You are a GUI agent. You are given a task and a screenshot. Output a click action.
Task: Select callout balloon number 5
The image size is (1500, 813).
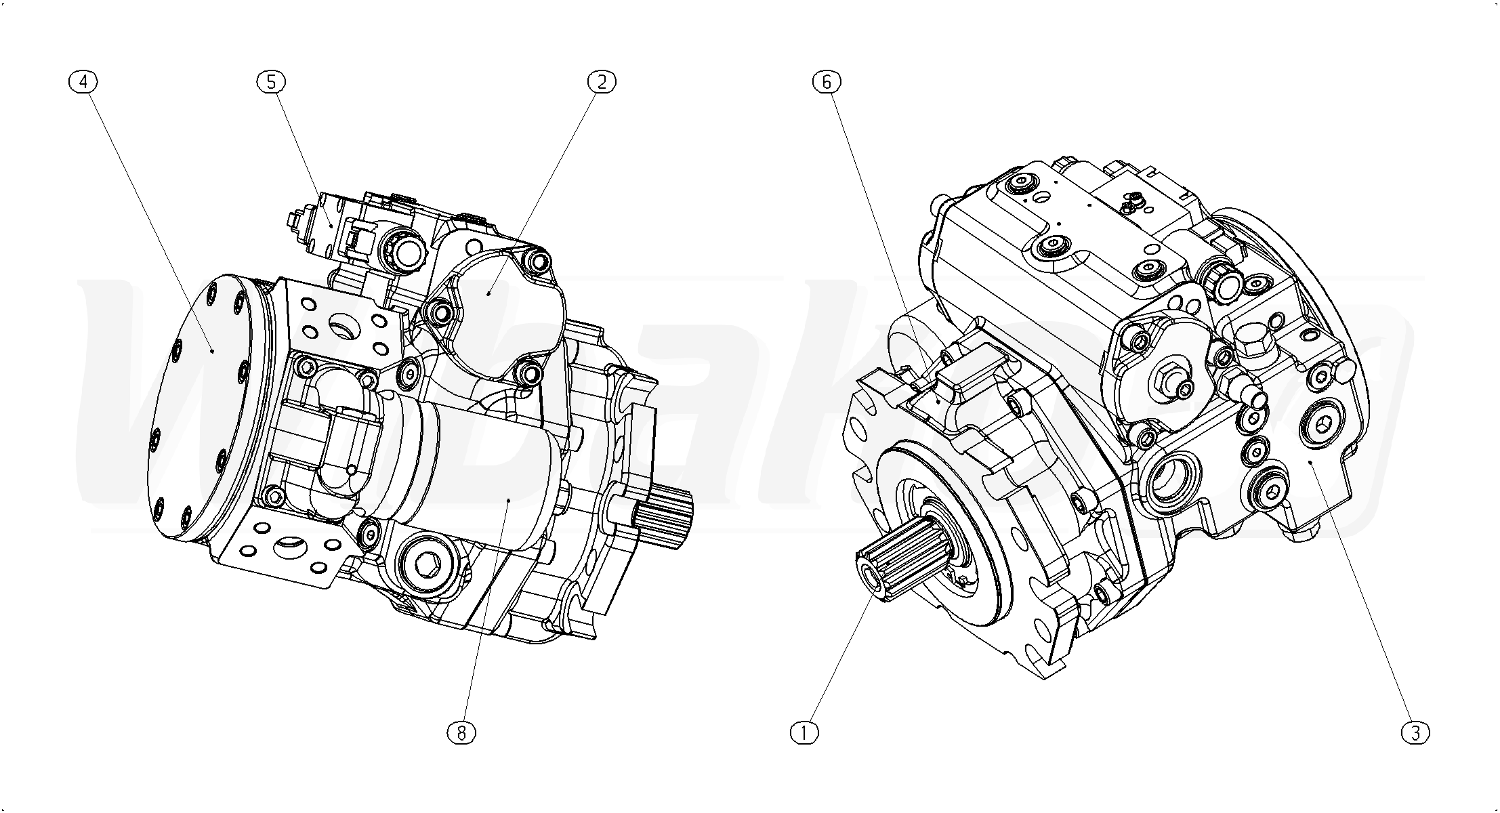(271, 82)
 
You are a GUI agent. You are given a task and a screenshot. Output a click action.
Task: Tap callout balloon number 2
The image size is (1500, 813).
(602, 82)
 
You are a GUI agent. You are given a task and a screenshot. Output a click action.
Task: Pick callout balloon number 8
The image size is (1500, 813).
(461, 732)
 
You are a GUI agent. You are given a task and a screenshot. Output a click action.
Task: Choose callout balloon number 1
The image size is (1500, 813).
(805, 732)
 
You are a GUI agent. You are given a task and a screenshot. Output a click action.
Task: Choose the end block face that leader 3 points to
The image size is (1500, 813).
(1311, 467)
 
